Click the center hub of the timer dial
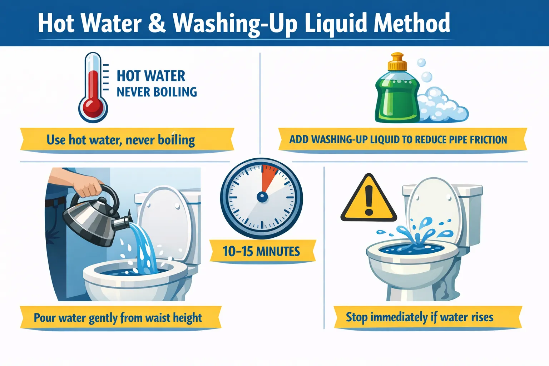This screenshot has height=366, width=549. click(262, 197)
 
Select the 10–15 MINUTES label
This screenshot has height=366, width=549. click(261, 251)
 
